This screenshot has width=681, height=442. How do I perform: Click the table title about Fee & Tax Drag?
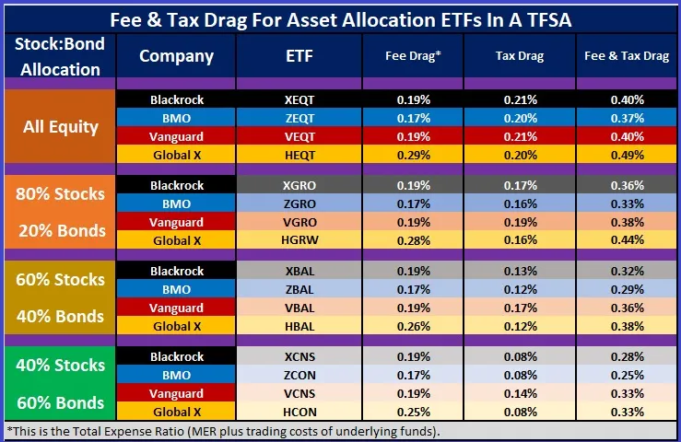pyautogui.click(x=340, y=17)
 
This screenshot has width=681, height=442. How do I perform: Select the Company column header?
pyautogui.click(x=176, y=56)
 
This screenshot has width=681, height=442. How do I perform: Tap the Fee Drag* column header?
pyautogui.click(x=412, y=56)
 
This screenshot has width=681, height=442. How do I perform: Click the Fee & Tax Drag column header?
pyautogui.click(x=627, y=56)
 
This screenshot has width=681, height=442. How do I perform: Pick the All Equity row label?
pyautogui.click(x=61, y=126)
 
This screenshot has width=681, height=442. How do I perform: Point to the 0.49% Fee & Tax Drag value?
pyautogui.click(x=627, y=154)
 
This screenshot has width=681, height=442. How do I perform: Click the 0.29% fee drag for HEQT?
pyautogui.click(x=412, y=154)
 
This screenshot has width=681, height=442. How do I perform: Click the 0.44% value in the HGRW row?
pyautogui.click(x=627, y=239)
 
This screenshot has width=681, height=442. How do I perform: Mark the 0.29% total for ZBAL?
pyautogui.click(x=627, y=289)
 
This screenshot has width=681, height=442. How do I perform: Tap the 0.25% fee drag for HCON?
pyautogui.click(x=412, y=412)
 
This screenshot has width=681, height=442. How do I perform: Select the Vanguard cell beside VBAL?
pyautogui.click(x=176, y=308)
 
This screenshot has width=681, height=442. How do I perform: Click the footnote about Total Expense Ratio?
pyautogui.click(x=226, y=431)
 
